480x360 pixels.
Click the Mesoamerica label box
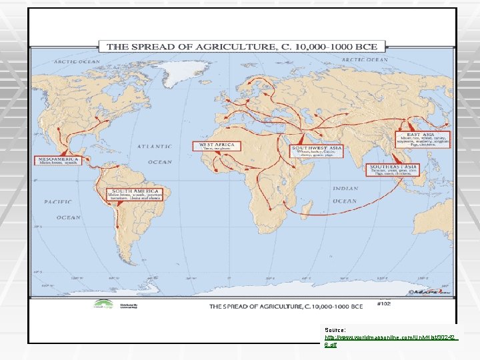(56, 161)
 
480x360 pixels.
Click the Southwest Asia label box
(316, 150)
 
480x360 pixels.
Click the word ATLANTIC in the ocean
(155, 146)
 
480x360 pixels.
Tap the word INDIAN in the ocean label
(345, 189)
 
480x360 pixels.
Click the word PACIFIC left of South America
(58, 201)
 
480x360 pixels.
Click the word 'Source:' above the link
(335, 330)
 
